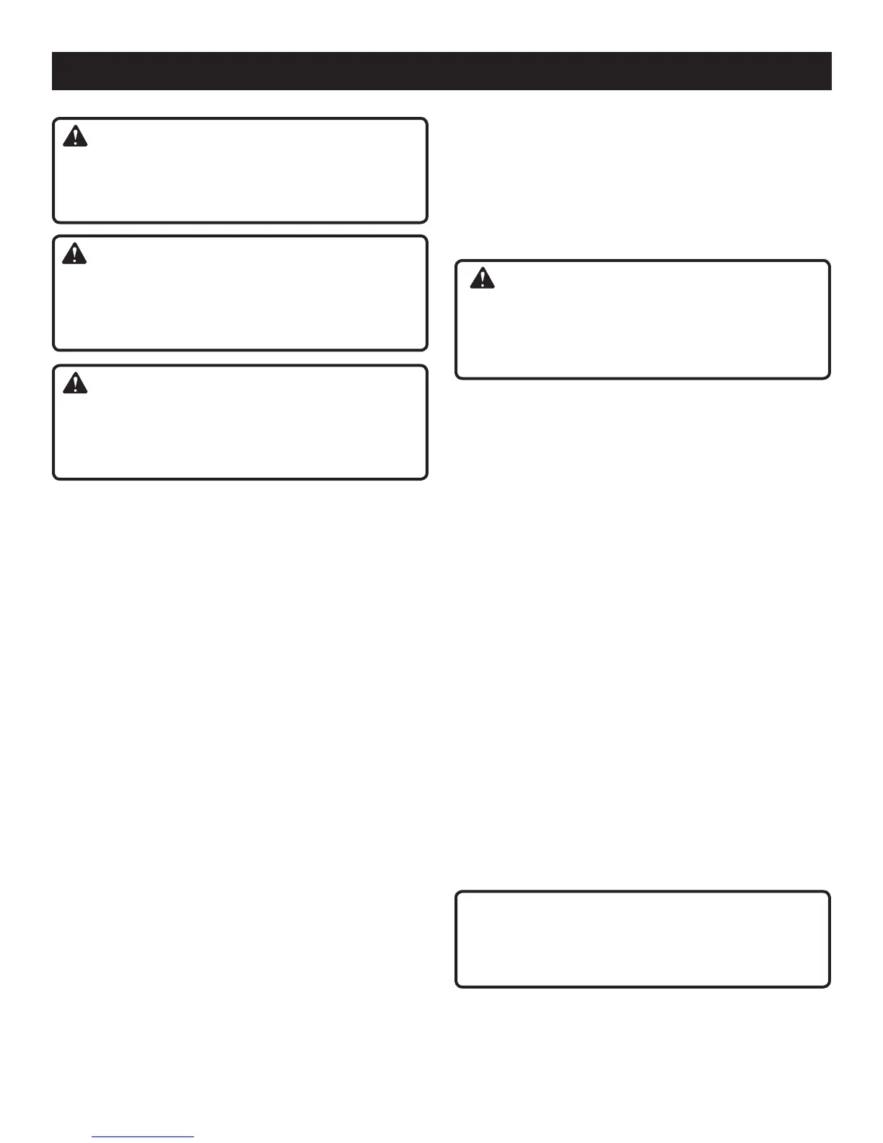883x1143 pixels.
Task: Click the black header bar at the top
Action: [441, 71]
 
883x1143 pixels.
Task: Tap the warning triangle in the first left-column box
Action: [75, 136]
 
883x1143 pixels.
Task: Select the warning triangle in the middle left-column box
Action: [75, 253]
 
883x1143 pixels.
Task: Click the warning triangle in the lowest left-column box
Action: [75, 383]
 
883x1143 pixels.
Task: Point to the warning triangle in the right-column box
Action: [482, 279]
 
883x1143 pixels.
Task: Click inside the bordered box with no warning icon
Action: [642, 939]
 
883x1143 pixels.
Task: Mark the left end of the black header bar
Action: [53, 71]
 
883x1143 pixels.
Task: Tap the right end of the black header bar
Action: [831, 71]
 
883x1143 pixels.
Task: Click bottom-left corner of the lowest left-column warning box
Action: [54, 478]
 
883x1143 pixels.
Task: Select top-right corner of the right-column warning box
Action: [828, 262]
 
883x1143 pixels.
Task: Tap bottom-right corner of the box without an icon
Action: [828, 986]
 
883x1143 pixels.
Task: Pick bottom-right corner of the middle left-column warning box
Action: [426, 349]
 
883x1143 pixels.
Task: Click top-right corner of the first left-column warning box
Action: [426, 120]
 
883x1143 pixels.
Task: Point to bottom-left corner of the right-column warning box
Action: [457, 377]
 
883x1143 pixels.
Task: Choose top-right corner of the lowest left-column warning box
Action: [426, 366]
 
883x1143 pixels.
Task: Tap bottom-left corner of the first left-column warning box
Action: [54, 222]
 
